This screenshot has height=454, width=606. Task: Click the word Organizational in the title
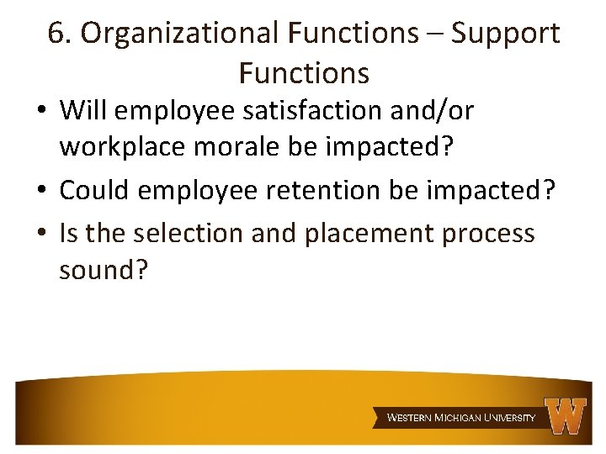click(x=179, y=34)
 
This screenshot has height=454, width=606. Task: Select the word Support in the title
click(x=505, y=34)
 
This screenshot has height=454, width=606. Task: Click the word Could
click(x=93, y=191)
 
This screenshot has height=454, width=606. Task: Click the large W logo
click(x=566, y=415)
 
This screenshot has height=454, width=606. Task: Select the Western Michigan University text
click(x=460, y=417)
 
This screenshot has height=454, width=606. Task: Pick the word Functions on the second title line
click(x=304, y=74)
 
